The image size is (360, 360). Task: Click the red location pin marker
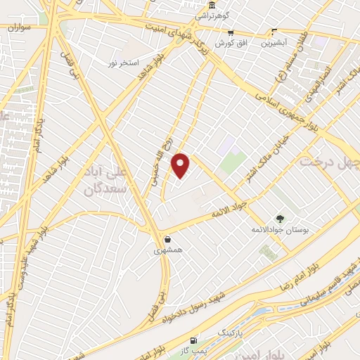181,165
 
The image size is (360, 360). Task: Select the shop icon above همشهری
167,238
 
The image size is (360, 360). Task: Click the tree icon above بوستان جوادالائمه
279,219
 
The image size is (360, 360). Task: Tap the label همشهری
169,250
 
